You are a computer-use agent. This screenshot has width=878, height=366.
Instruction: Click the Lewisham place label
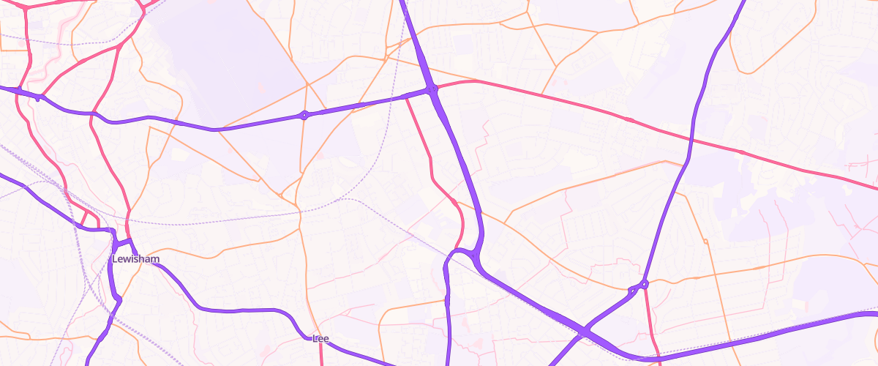[135, 259]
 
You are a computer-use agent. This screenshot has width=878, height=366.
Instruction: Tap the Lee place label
[320, 338]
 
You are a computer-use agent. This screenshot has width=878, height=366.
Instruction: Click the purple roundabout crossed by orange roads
[304, 115]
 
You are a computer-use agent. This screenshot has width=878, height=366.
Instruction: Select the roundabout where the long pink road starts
[433, 90]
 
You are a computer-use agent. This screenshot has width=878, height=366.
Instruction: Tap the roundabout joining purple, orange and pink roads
[644, 284]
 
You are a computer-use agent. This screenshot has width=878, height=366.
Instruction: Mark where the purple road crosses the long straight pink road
[691, 138]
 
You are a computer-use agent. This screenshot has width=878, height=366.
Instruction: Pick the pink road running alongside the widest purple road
[432, 161]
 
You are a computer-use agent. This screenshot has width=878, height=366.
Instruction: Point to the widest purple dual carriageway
[468, 183]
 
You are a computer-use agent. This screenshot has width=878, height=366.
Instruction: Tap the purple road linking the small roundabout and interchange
[366, 103]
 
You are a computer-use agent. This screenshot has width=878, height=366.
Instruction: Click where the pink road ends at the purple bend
[457, 249]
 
